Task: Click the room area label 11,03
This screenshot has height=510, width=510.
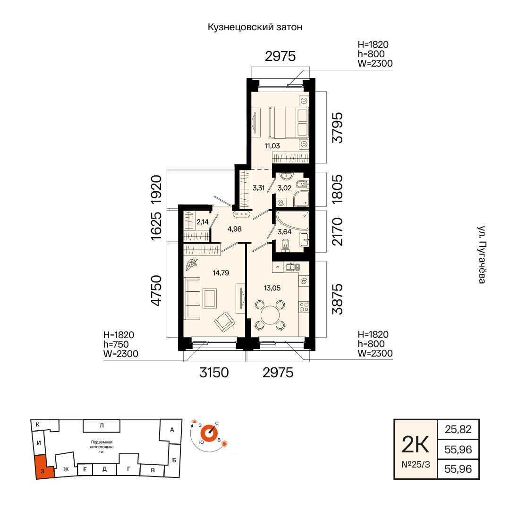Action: click(272, 146)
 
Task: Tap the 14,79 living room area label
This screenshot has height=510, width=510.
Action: click(221, 273)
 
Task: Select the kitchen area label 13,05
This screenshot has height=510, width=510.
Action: click(272, 288)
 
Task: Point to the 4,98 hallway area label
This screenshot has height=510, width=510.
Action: click(235, 229)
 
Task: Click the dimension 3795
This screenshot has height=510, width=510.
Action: click(337, 127)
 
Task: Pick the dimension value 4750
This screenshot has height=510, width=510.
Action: click(156, 290)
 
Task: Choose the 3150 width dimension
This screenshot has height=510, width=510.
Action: click(214, 373)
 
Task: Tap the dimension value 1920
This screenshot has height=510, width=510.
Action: click(156, 189)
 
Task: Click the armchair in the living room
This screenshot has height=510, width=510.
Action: click(225, 322)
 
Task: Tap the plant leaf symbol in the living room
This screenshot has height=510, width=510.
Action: click(192, 264)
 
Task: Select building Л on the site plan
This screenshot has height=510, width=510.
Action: click(102, 425)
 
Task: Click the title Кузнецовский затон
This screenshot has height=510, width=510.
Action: click(255, 27)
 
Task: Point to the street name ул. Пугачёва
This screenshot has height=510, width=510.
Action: click(482, 255)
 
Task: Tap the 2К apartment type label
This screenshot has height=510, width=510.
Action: click(416, 445)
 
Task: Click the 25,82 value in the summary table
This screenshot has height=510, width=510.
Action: click(458, 429)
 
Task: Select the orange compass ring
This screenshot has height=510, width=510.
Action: click(209, 433)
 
